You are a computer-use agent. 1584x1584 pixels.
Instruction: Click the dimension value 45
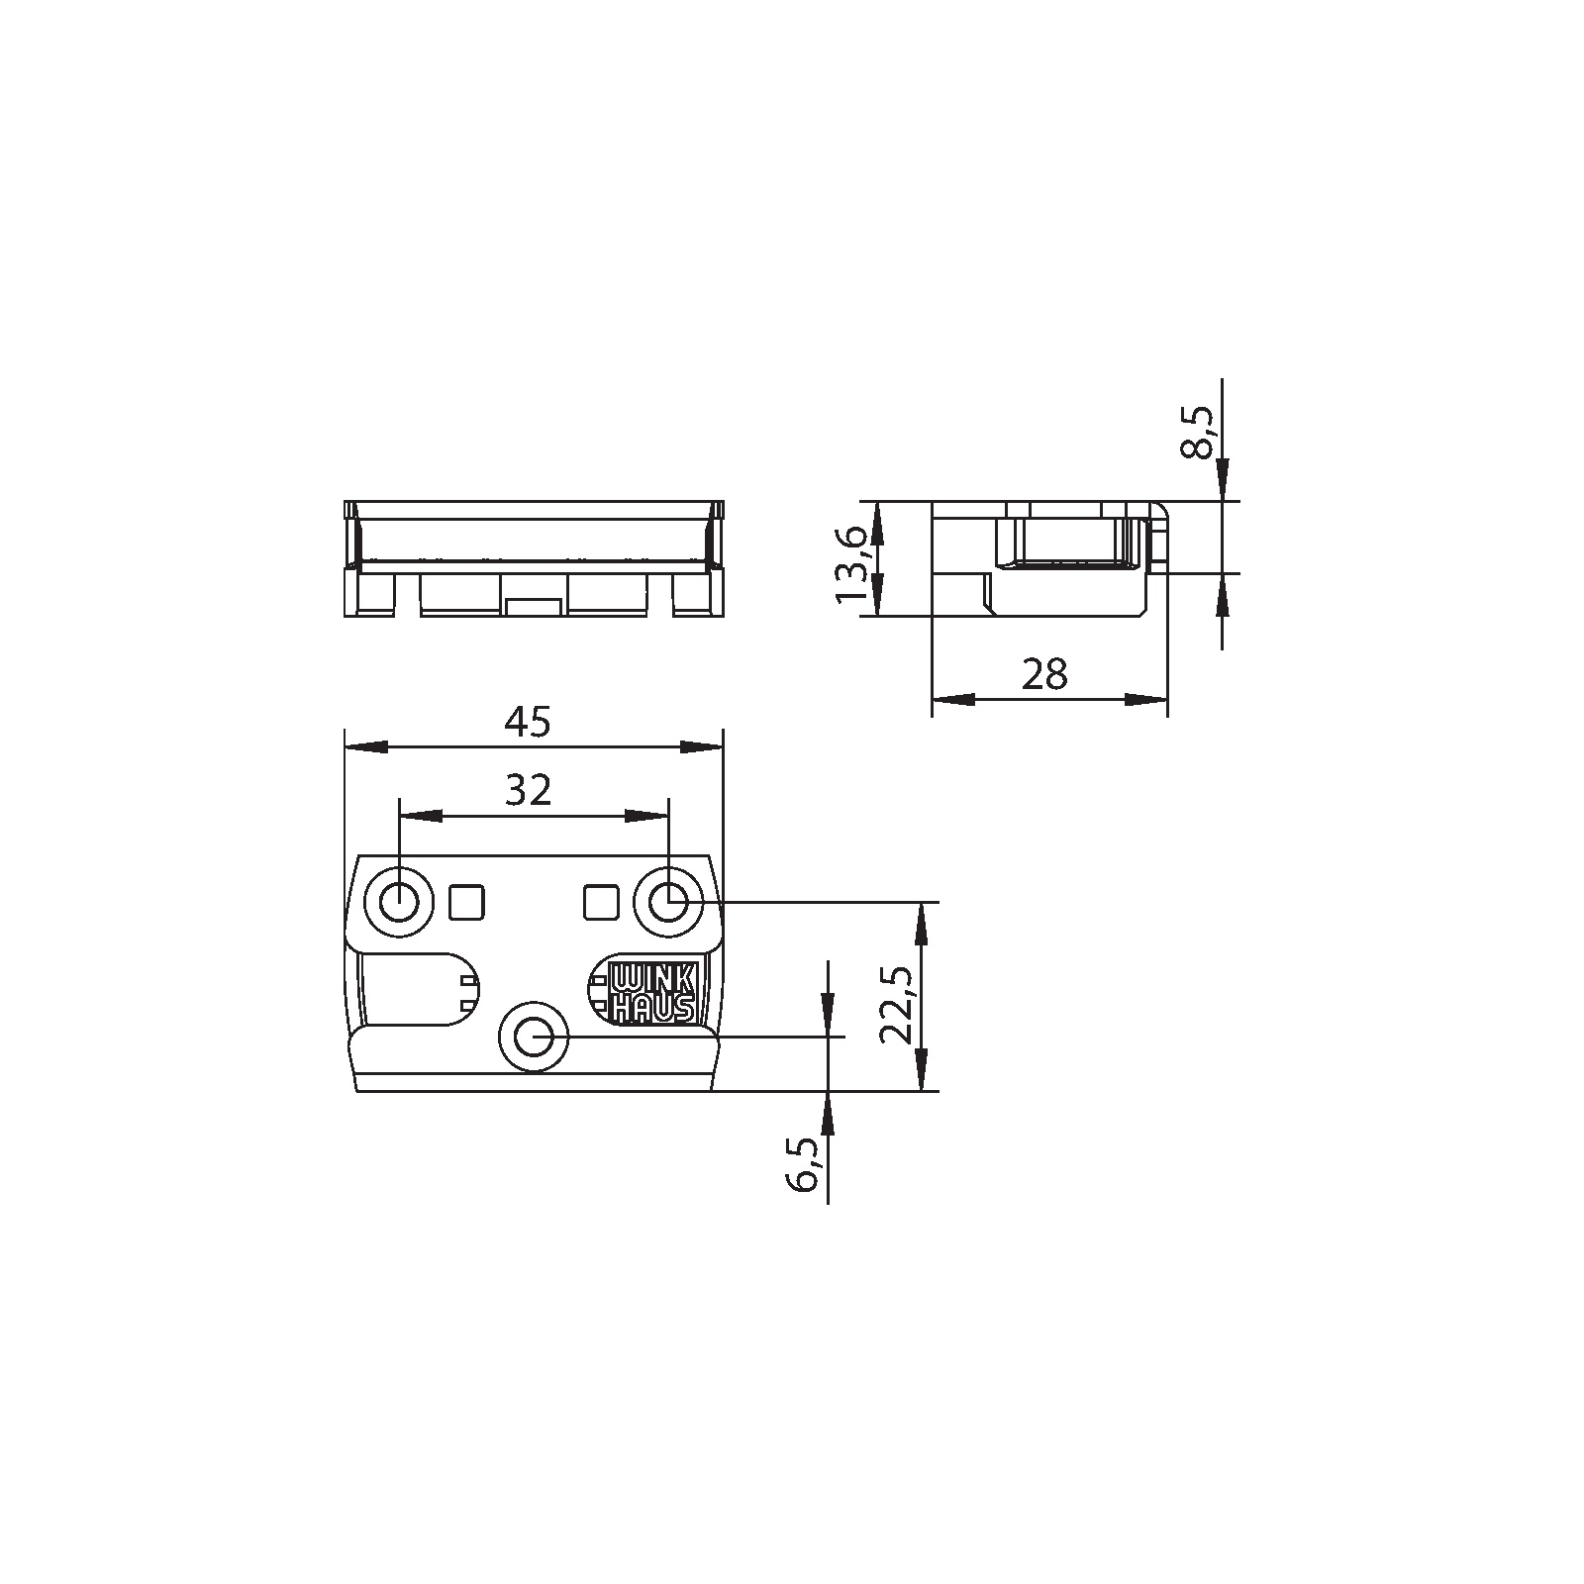point(527,722)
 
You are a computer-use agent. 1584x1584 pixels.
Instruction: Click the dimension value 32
point(528,790)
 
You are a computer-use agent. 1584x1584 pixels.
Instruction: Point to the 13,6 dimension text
point(851,563)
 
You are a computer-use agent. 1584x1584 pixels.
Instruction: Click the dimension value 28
point(1044,675)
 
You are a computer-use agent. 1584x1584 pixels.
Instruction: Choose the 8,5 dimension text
point(1198,433)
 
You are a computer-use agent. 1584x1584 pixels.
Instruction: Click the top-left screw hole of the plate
point(399,902)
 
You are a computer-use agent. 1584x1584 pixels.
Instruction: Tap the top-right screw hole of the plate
point(668,902)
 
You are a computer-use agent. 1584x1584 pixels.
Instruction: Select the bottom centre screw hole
point(535,1038)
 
